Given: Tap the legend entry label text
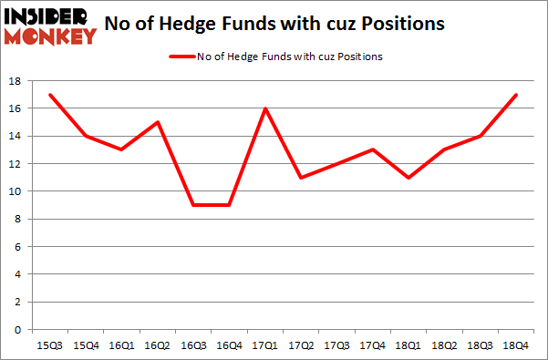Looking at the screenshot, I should (290, 57).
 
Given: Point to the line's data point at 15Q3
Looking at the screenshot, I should (50, 95).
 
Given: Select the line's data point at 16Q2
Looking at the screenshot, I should (157, 122).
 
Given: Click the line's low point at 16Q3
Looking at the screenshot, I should (192, 205).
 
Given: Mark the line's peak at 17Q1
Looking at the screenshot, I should (264, 108).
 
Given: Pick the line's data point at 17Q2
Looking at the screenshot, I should (300, 178).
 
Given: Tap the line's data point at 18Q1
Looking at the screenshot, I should (408, 178).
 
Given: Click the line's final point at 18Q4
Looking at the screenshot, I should (514, 95).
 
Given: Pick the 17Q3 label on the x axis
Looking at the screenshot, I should (336, 346).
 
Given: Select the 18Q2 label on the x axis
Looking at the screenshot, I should (443, 346).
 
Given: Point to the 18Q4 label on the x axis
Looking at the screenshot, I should (514, 346).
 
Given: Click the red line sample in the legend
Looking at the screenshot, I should (181, 57).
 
